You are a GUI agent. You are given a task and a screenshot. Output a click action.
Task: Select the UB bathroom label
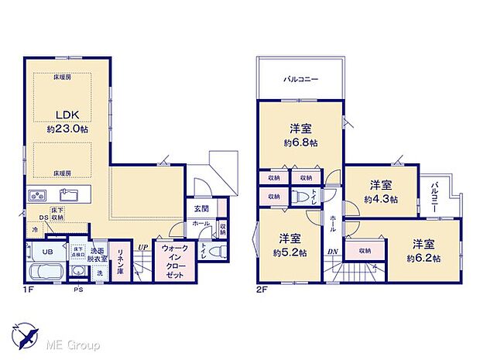point(46,252)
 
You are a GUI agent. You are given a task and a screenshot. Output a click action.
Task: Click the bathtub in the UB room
point(46,273)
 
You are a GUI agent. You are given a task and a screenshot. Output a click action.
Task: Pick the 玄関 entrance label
point(201,207)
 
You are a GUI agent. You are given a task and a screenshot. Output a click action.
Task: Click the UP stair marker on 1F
point(143,247)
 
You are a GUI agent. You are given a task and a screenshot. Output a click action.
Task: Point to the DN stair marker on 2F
point(332,252)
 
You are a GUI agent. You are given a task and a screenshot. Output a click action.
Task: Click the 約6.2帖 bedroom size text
point(426,259)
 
